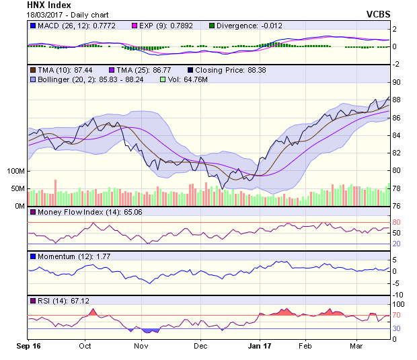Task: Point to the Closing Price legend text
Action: tap(229, 69)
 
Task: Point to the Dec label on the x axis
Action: tap(200, 347)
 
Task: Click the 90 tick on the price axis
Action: tap(396, 82)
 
